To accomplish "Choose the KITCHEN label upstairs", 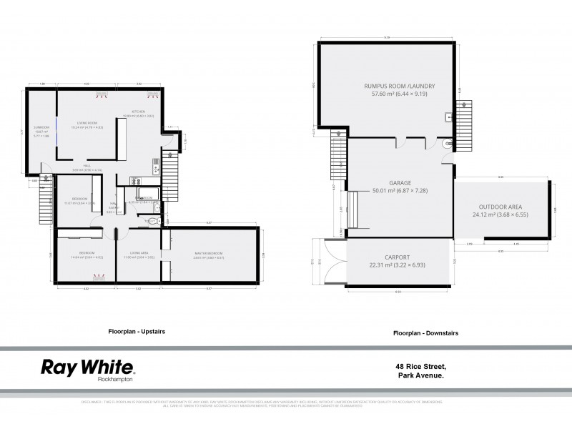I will point(138,112).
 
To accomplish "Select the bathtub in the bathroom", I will point(143,202).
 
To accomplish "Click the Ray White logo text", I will point(87,368).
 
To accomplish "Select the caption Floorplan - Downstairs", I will point(425,333).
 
